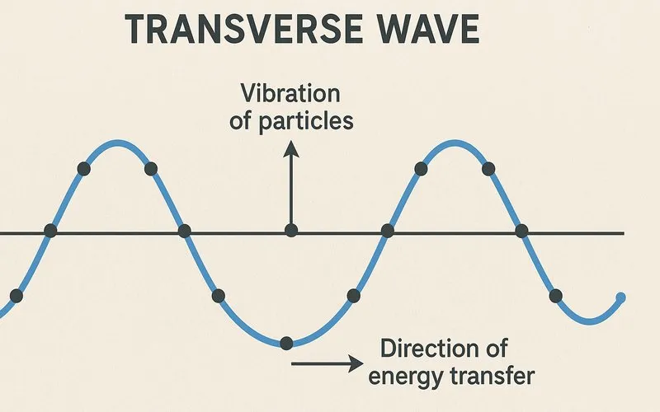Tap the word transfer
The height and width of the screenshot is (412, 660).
(x=493, y=376)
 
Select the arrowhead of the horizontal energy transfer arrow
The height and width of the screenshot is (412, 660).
(x=356, y=363)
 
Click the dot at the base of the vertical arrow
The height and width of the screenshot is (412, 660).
(x=290, y=231)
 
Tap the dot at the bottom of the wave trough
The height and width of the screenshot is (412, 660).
(x=286, y=342)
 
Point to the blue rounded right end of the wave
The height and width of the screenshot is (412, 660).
(x=621, y=298)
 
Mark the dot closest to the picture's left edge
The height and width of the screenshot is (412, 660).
(x=16, y=295)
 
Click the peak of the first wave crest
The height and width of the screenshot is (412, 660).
(x=117, y=142)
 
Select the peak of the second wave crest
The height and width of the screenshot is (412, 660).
(x=455, y=142)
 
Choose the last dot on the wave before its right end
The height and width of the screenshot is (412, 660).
(x=555, y=295)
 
